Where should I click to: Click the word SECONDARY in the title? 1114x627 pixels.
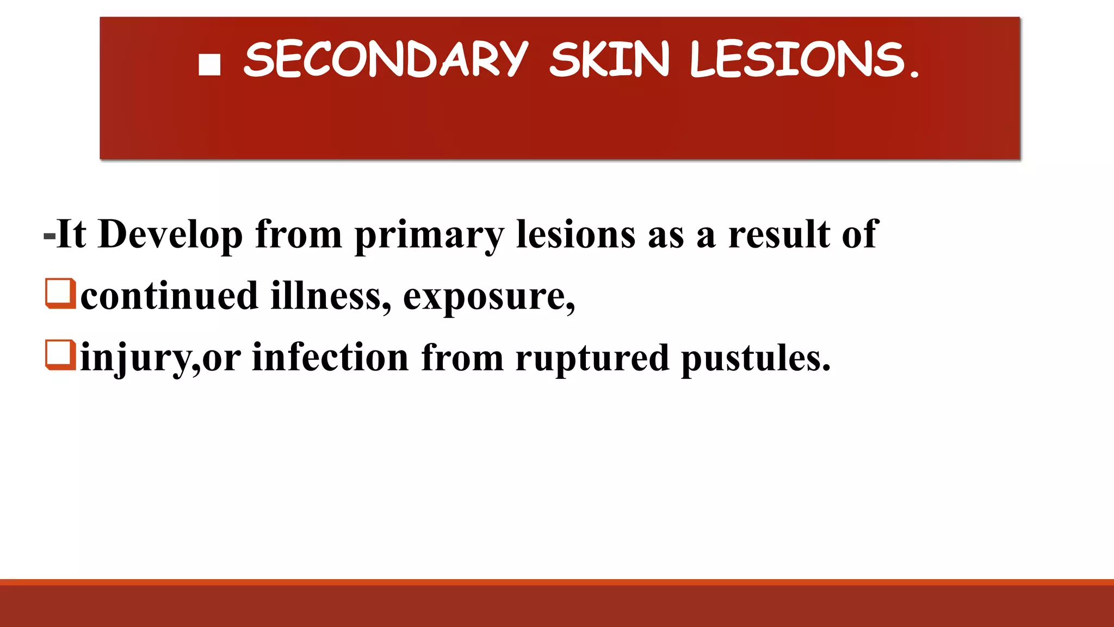click(386, 59)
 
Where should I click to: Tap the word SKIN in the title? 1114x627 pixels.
click(609, 59)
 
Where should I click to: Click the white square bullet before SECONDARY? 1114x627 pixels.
click(209, 64)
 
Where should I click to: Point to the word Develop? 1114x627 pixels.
click(170, 235)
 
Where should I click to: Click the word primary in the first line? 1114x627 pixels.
click(429, 235)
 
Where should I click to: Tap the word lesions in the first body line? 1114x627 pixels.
click(575, 235)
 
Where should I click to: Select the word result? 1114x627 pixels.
click(779, 235)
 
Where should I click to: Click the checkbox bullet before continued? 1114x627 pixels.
click(60, 293)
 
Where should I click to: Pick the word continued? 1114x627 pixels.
click(169, 296)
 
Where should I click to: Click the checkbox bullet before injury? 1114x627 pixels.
click(60, 355)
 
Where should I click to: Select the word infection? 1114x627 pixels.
click(330, 358)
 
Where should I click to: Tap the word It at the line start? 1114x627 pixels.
click(71, 235)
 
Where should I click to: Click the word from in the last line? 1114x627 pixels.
click(462, 358)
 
